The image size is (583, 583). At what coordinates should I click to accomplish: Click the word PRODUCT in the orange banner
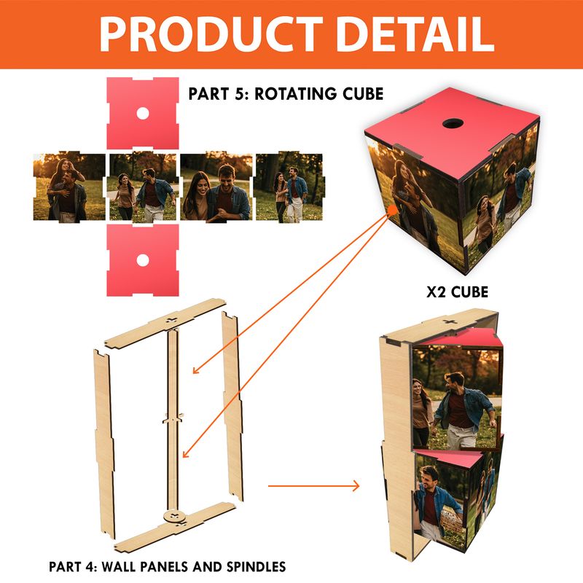pos(211,34)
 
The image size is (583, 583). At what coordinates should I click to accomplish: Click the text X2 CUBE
pos(457,292)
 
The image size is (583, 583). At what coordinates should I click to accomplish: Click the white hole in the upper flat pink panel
pos(143,114)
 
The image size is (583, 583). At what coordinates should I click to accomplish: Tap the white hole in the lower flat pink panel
pos(143,260)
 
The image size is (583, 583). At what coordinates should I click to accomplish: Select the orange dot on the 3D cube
pos(392,210)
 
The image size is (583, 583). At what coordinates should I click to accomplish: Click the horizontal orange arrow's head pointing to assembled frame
pos(356,485)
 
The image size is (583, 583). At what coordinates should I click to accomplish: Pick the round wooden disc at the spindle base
pos(174,517)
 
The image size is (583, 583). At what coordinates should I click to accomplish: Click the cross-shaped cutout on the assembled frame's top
pos(450,321)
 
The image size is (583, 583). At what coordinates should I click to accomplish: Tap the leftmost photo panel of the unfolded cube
pos(69,187)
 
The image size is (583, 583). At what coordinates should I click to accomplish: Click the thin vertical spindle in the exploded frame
pos(173,420)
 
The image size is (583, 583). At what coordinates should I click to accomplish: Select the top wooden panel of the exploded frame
pos(165,323)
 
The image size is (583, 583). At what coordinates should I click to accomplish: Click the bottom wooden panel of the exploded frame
pos(175,527)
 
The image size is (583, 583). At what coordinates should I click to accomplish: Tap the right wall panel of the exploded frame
pos(232,406)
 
